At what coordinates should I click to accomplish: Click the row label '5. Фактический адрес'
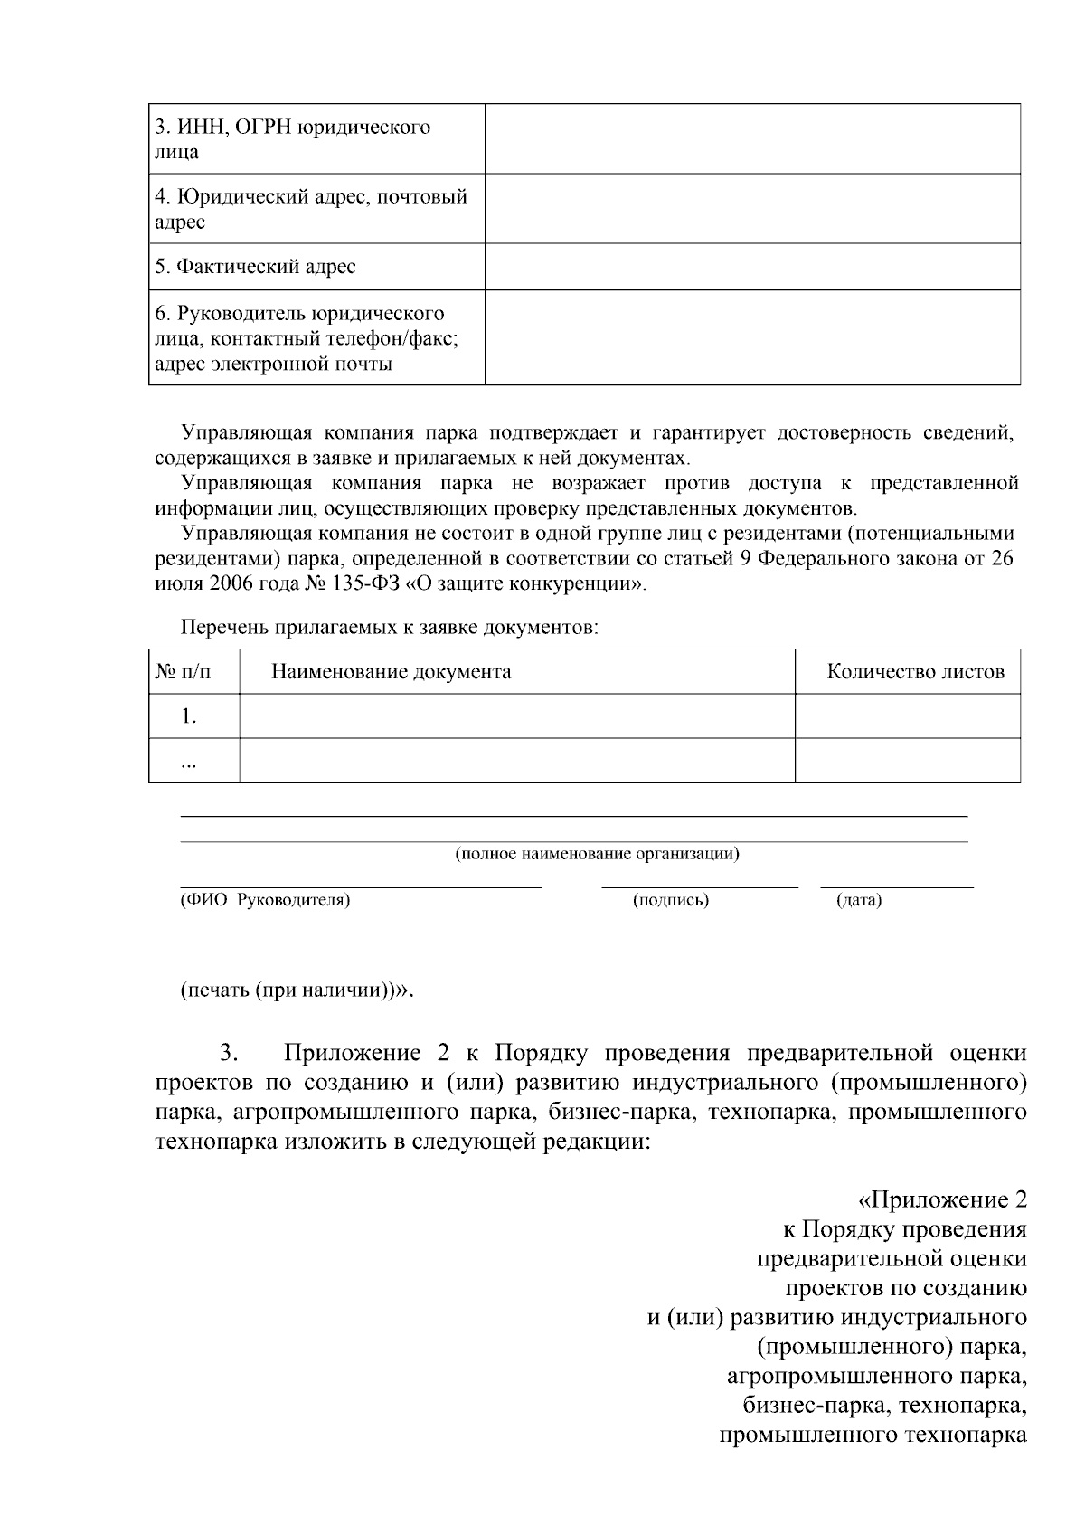coord(255,267)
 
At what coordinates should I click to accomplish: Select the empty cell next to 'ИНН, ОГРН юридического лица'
coord(752,138)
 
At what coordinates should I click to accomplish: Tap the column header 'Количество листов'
coord(915,671)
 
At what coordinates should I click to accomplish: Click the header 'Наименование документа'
coord(391,671)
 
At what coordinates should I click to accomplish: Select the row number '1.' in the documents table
coord(189,716)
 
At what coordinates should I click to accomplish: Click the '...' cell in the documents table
coord(189,762)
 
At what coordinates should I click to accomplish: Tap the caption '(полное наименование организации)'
coord(596,853)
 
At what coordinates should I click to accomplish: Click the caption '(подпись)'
coord(670,900)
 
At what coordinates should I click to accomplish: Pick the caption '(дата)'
coord(858,900)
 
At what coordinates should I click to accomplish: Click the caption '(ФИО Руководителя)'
coord(265,900)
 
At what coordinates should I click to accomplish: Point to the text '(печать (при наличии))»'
coord(297,989)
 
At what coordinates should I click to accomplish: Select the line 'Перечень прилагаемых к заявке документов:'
coord(389,627)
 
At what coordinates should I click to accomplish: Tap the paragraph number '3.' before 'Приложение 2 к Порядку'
coord(228,1053)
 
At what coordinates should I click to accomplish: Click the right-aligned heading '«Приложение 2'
coord(941,1200)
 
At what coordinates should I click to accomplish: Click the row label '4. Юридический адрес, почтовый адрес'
coord(310,209)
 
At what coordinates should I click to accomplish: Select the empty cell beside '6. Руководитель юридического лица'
coord(752,337)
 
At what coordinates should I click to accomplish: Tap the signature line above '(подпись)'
coord(699,887)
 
